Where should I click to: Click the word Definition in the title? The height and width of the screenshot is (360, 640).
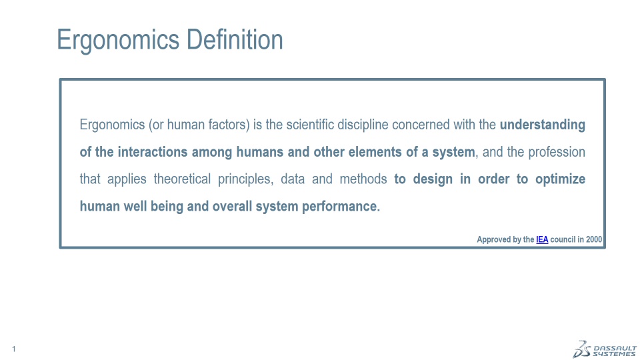(235, 39)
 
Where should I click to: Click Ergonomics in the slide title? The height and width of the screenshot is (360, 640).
(118, 41)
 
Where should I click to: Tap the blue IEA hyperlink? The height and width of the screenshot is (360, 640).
(542, 239)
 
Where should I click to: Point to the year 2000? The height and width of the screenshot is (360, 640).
(594, 239)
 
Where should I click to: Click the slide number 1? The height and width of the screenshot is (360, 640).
(14, 349)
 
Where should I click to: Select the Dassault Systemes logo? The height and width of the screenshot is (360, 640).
(605, 349)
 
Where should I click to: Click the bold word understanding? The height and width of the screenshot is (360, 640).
(543, 125)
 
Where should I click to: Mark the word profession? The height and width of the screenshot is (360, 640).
(557, 152)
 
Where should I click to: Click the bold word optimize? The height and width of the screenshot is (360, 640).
(561, 179)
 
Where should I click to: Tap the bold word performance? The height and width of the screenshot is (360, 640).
(341, 207)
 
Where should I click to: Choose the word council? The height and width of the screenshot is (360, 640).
(563, 239)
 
